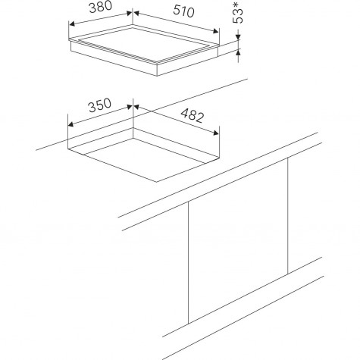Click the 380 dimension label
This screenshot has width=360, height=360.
100,7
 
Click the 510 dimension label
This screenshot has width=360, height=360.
183,11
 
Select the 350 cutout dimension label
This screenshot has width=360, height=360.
100,105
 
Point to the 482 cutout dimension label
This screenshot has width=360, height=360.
193,115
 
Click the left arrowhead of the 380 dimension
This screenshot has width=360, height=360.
72,24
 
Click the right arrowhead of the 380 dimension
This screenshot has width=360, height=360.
129,14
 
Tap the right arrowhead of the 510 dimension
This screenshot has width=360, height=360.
215,31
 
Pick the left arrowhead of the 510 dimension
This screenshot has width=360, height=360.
136,14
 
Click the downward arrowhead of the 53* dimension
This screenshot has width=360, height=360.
238,37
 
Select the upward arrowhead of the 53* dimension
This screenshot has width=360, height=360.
238,52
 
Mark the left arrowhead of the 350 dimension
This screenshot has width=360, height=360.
71,124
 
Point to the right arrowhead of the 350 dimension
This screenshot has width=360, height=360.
129,107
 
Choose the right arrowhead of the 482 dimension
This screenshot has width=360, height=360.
215,133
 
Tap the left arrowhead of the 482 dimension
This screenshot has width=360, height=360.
136,107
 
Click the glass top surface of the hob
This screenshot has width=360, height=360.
146,43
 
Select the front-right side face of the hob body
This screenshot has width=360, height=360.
187,62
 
